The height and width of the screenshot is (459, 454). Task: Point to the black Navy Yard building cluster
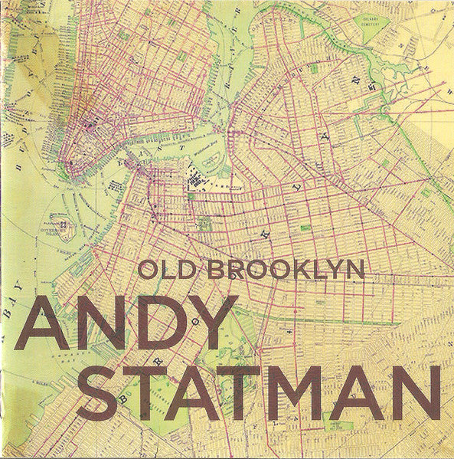[x=195, y=181]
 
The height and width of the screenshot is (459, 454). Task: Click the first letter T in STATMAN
[x=146, y=394]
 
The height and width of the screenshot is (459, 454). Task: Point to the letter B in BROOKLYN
[x=218, y=270]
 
